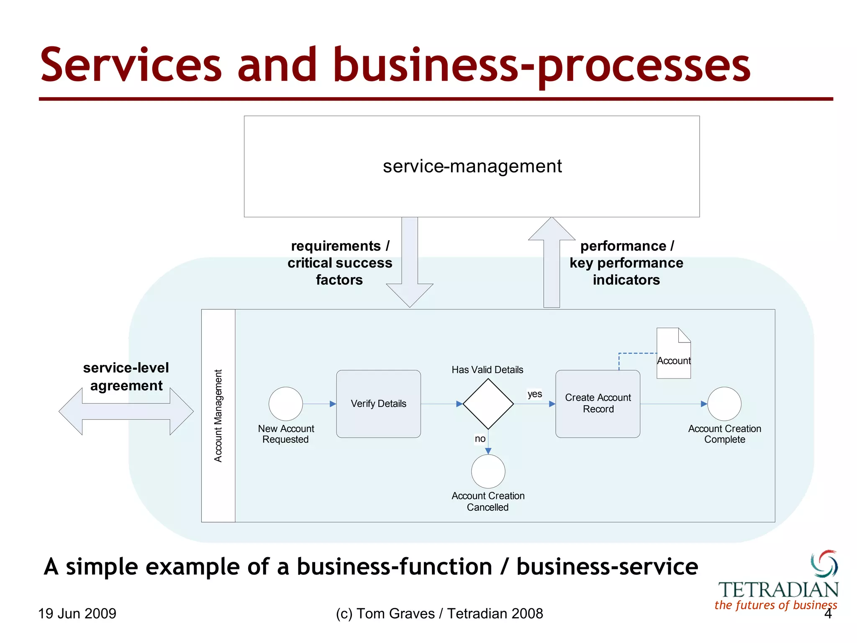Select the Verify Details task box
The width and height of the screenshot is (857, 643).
coord(378,404)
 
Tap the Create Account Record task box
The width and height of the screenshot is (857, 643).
coord(598,404)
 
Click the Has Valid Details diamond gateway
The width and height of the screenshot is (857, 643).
coord(488,404)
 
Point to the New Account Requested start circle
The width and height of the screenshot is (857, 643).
coord(285,404)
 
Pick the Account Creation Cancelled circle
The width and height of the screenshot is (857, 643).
coord(488,471)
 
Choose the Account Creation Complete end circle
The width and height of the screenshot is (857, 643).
coord(724,404)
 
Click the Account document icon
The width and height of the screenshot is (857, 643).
coord(673,352)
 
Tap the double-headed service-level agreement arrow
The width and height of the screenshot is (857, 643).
coord(126,412)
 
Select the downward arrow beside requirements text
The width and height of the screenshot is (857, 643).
coord(410,268)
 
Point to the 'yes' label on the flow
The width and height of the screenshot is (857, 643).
coord(534,394)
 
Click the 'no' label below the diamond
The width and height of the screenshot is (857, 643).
coord(480,439)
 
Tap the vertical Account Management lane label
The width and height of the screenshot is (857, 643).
coord(218,416)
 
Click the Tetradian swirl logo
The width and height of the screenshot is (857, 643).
coord(824,563)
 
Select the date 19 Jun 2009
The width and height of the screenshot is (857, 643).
coord(77,614)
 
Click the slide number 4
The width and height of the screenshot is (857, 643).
coord(828,614)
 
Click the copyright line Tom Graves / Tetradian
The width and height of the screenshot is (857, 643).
coord(439,614)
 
